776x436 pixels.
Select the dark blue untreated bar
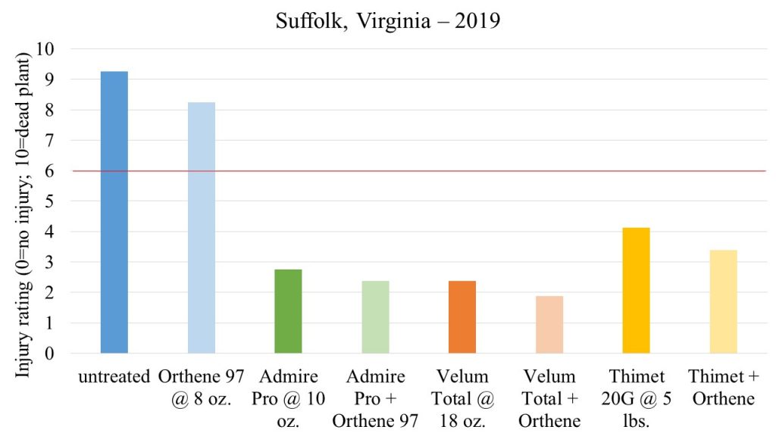pos(114,212)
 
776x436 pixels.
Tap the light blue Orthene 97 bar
pos(202,227)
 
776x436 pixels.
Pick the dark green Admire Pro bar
pos(288,311)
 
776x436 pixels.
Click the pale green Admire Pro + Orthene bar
pos(375,317)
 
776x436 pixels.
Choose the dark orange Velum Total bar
pos(462,317)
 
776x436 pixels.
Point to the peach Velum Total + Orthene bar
pos(549,325)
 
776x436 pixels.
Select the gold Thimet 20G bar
pos(637,291)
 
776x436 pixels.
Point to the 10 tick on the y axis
pos(55,49)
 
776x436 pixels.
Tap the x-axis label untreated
pos(114,376)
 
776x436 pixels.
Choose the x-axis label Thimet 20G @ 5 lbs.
pos(637,398)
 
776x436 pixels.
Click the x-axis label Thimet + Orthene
pos(723,387)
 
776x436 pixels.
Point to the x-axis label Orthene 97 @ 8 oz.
pos(202,387)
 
